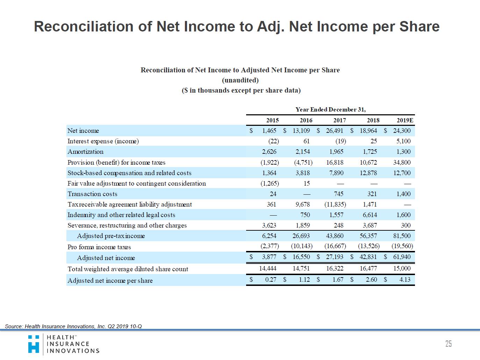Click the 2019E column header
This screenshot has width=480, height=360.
(x=405, y=120)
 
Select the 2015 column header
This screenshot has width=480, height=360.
(x=272, y=120)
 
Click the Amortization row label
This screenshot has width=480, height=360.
(x=85, y=152)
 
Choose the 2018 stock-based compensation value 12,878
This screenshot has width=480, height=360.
(x=368, y=173)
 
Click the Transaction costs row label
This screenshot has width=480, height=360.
(x=92, y=194)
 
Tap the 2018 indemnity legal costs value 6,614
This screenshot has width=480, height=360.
(x=370, y=215)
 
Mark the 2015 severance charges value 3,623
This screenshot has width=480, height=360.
(x=269, y=225)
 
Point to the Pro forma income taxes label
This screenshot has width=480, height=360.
(x=99, y=247)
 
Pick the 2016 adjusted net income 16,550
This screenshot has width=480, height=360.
(x=301, y=257)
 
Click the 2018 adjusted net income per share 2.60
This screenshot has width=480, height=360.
(x=371, y=280)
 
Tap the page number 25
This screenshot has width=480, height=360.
(x=449, y=344)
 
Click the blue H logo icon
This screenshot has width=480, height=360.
(x=34, y=344)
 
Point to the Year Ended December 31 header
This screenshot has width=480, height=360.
(x=330, y=109)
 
